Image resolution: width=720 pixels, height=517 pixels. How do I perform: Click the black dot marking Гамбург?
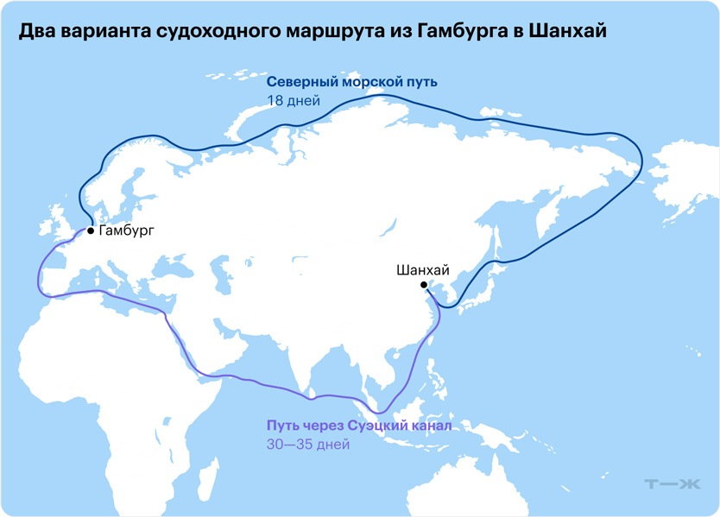point(91,231)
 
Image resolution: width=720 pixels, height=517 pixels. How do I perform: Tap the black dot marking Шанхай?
point(423,285)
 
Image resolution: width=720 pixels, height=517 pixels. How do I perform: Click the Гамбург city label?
point(127,231)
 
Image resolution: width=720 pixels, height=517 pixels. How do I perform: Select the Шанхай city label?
point(423,270)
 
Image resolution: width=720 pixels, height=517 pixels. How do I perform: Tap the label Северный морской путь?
point(352,82)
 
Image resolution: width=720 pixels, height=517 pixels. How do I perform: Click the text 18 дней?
point(294,101)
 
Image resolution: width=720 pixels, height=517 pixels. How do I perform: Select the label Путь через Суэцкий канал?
point(359,426)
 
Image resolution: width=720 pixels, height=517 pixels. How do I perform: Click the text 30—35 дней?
point(308,444)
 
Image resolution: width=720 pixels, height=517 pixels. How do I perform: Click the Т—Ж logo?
point(673,485)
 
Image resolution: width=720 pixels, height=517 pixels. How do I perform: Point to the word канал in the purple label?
point(427,426)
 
